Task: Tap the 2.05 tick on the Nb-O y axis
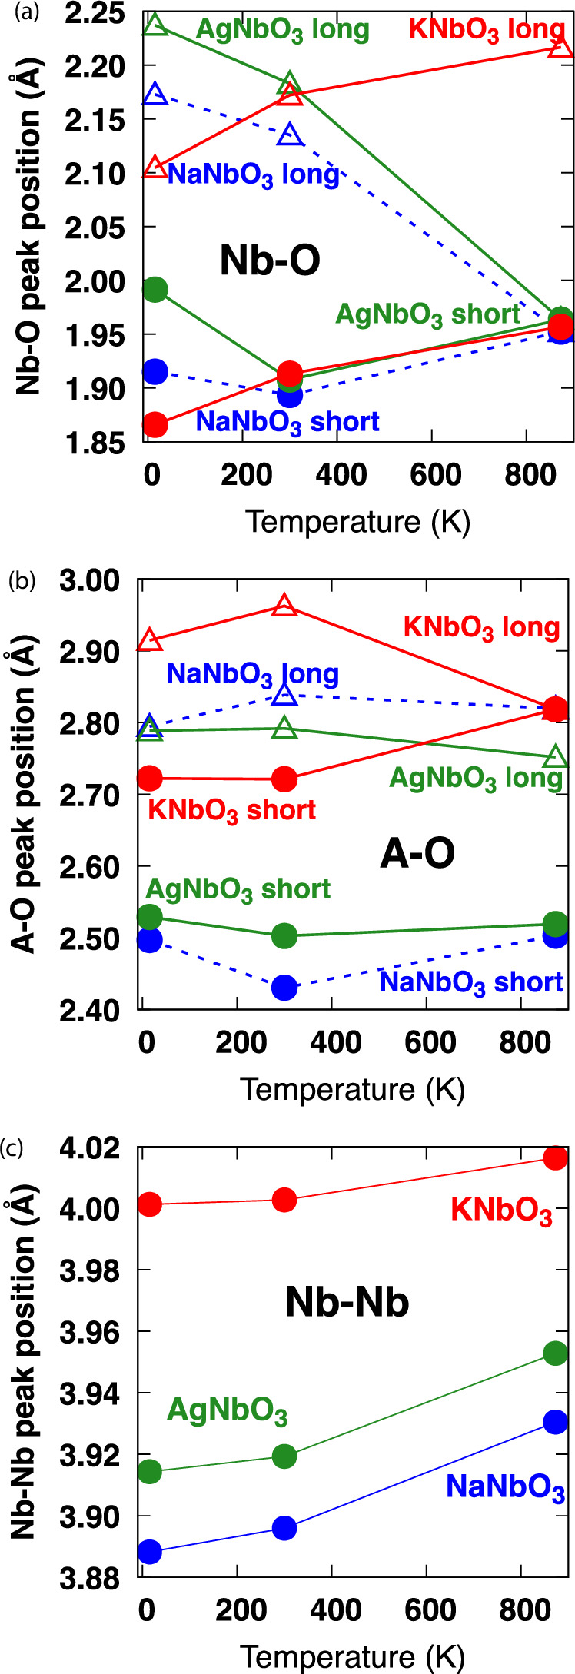click(x=110, y=228)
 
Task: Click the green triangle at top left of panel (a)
click(x=155, y=25)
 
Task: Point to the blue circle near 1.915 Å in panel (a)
click(x=155, y=372)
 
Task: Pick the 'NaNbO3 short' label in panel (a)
click(x=287, y=422)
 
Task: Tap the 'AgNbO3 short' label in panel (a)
click(x=428, y=314)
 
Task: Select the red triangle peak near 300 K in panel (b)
click(x=284, y=606)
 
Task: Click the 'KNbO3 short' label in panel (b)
click(x=231, y=811)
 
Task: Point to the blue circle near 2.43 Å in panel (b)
click(x=284, y=987)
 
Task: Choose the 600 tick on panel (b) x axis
click(x=430, y=1043)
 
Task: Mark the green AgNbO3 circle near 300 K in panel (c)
click(x=284, y=1456)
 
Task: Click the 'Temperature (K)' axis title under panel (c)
click(x=353, y=1656)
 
